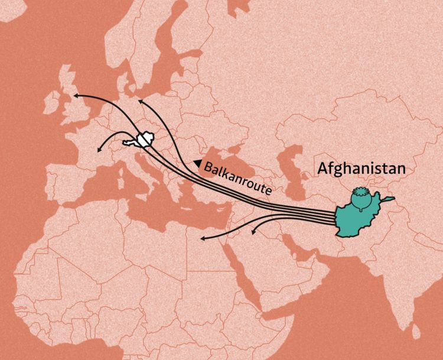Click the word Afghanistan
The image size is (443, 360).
(361, 168)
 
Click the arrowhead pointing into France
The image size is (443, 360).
(99, 151)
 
